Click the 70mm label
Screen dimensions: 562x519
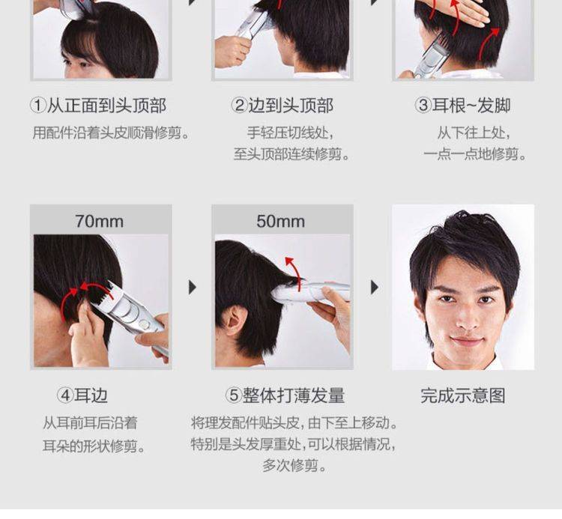pyautogui.click(x=99, y=221)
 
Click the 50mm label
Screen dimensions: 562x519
pyautogui.click(x=281, y=221)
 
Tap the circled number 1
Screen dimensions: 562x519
pyautogui.click(x=38, y=106)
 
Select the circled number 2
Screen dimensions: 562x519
pyautogui.click(x=239, y=106)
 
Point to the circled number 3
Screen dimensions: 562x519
pyautogui.click(x=423, y=106)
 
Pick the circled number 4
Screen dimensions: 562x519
pyautogui.click(x=65, y=395)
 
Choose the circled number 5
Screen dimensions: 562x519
pyautogui.click(x=233, y=395)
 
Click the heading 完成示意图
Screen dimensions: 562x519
pyautogui.click(x=463, y=395)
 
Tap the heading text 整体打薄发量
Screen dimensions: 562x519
pyautogui.click(x=294, y=395)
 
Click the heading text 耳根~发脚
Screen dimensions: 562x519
pyautogui.click(x=471, y=106)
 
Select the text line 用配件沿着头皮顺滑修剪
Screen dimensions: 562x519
pyautogui.click(x=107, y=133)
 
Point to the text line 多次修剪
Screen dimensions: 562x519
pyautogui.click(x=290, y=466)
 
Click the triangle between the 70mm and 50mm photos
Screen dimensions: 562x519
pyautogui.click(x=193, y=288)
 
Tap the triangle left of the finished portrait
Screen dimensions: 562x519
pyautogui.click(x=374, y=288)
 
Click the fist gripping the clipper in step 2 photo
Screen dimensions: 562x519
pyautogui.click(x=232, y=50)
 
